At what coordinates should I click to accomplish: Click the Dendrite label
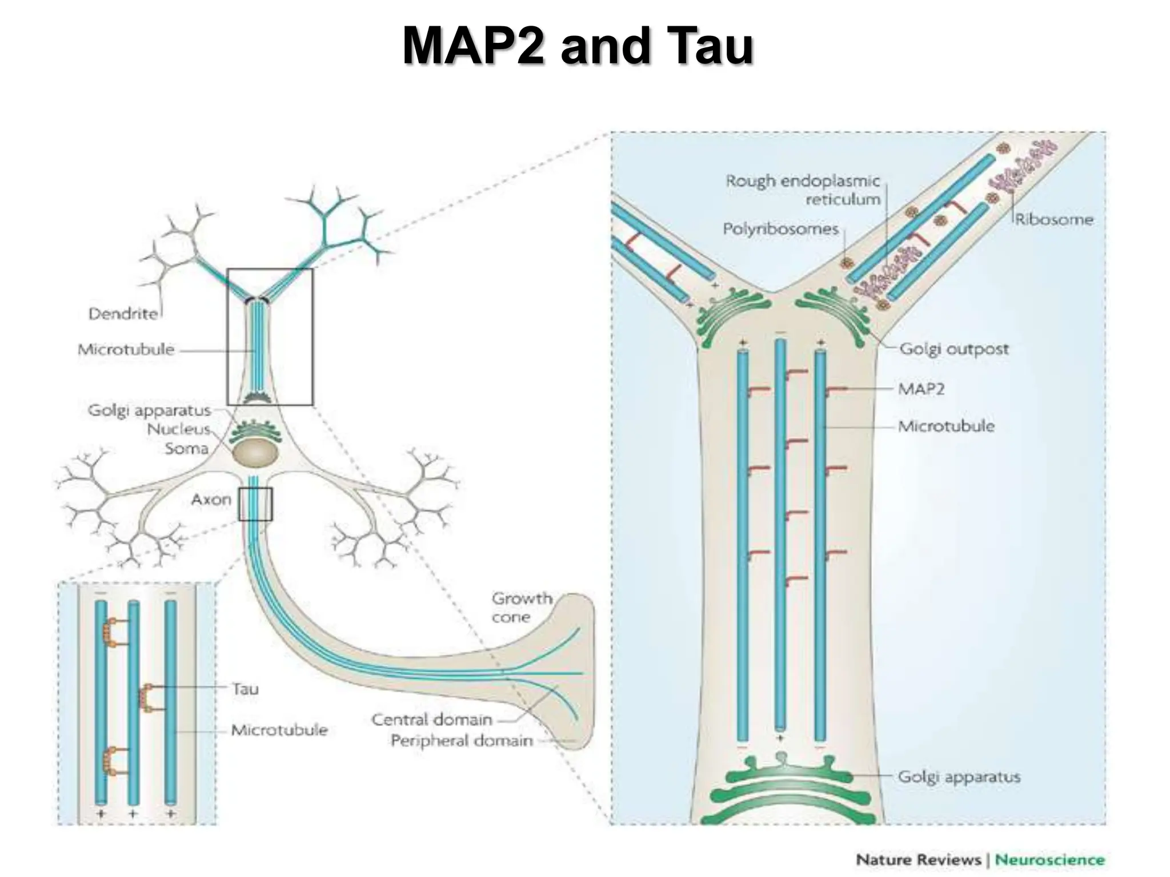(x=123, y=313)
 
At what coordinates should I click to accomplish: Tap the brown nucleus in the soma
(x=255, y=454)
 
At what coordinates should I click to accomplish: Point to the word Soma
(x=186, y=448)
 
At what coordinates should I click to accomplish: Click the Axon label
(x=211, y=500)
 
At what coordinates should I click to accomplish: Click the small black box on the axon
(x=255, y=504)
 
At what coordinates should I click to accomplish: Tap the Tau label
(x=245, y=689)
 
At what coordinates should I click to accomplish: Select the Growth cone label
(x=521, y=608)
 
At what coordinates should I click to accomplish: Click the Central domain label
(x=431, y=719)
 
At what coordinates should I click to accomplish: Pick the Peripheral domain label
(x=461, y=741)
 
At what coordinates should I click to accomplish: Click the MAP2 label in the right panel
(x=921, y=389)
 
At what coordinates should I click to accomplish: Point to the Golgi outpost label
(x=953, y=348)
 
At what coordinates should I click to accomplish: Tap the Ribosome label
(x=1053, y=219)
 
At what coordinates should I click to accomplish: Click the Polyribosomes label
(x=780, y=229)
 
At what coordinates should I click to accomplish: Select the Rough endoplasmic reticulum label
(x=803, y=190)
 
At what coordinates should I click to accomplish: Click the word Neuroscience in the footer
(x=1049, y=860)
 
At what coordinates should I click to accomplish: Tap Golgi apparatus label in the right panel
(x=959, y=777)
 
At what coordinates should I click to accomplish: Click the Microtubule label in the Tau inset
(x=279, y=730)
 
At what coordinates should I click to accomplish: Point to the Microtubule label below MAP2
(x=945, y=426)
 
